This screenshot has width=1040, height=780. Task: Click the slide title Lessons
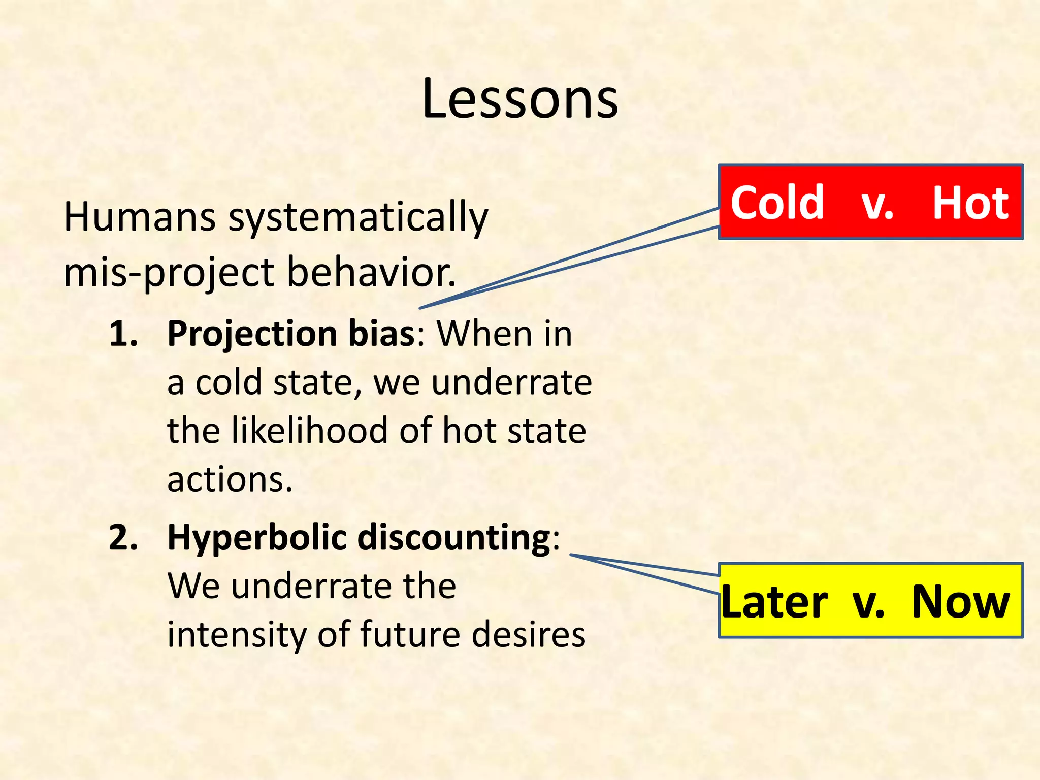tap(520, 99)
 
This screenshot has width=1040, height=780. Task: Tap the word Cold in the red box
tap(777, 203)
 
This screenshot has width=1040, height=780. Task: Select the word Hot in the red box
tap(970, 203)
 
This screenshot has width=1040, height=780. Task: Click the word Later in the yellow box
tap(774, 602)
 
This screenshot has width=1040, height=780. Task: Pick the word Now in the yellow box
tap(960, 602)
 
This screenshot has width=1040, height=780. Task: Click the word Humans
tap(139, 217)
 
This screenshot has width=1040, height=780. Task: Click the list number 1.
tap(123, 334)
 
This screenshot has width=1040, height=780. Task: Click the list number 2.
tap(123, 538)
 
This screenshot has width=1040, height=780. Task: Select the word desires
tap(528, 634)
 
